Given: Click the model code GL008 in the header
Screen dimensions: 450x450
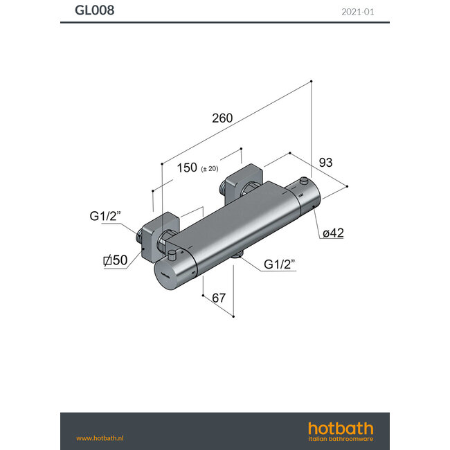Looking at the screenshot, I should tap(94, 10).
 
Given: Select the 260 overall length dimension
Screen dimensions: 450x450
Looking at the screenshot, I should tap(222, 118).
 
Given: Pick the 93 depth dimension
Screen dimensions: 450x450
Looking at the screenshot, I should tap(326, 163).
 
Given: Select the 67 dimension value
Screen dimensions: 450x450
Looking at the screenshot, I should tap(218, 298).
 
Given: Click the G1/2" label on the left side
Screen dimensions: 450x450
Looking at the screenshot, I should tap(105, 216).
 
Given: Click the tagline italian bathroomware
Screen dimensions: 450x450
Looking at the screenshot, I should tap(340, 439).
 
